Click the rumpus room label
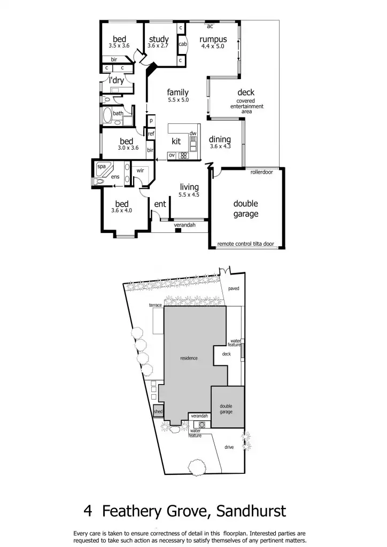pyautogui.click(x=213, y=40)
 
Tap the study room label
pyautogui.click(x=159, y=40)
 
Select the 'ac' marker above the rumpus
pyautogui.click(x=210, y=26)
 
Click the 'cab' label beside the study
pyautogui.click(x=182, y=44)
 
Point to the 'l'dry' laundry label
pyautogui.click(x=117, y=80)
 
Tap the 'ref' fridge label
pyautogui.click(x=151, y=134)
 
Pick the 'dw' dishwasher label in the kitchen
pyautogui.click(x=193, y=133)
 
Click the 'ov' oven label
pyautogui.click(x=172, y=155)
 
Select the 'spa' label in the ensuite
pyautogui.click(x=101, y=167)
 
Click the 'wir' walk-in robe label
pyautogui.click(x=140, y=170)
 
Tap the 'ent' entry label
pyautogui.click(x=160, y=204)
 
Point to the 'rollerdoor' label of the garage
pyautogui.click(x=261, y=172)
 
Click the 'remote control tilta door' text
pyautogui.click(x=245, y=244)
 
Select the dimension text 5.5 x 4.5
pyautogui.click(x=189, y=195)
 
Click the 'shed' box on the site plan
pyautogui.click(x=158, y=412)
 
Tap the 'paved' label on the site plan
pyautogui.click(x=234, y=288)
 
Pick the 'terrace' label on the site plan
pyautogui.click(x=156, y=304)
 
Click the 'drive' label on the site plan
pyautogui.click(x=229, y=447)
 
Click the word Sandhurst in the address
pyautogui.click(x=251, y=511)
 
